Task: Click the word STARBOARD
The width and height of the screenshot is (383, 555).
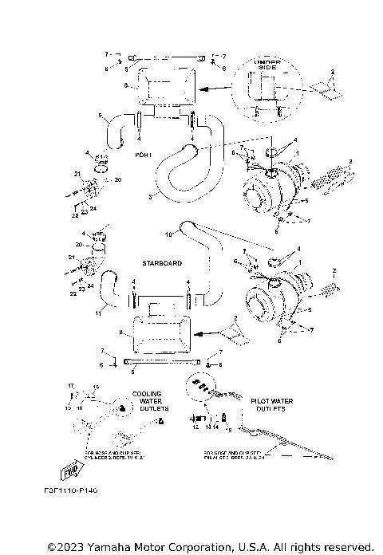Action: [162, 262]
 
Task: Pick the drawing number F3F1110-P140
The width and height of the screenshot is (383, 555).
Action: [71, 488]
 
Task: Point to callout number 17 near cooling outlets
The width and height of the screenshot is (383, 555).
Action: [71, 386]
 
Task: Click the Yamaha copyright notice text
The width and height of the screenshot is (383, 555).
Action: [210, 546]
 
